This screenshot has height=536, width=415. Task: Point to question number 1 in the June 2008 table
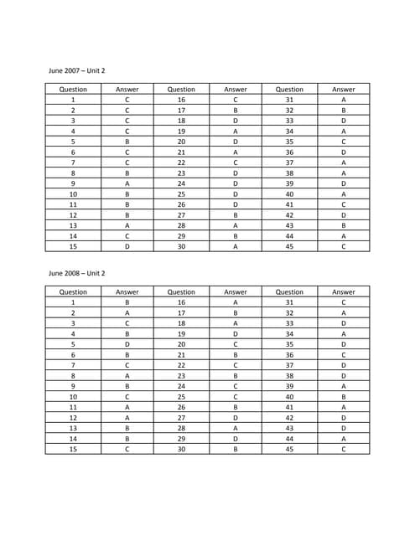click(x=73, y=302)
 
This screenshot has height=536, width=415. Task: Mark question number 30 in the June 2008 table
click(x=181, y=449)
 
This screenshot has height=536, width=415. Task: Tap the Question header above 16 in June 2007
click(x=181, y=90)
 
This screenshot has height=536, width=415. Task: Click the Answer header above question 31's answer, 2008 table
click(x=344, y=292)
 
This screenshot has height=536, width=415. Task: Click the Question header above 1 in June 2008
click(x=73, y=292)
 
